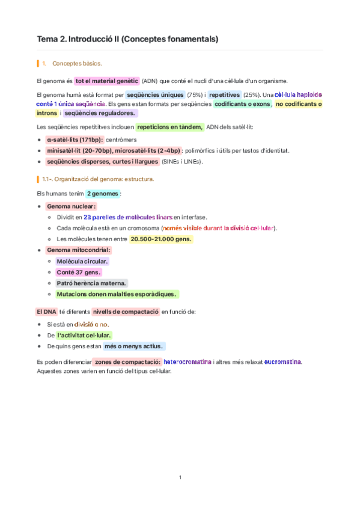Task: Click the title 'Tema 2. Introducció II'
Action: point(127,39)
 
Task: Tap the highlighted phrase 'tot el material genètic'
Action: point(106,81)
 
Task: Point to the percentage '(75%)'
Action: point(194,95)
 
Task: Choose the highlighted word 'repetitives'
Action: point(225,95)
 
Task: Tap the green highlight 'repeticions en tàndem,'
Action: point(169,127)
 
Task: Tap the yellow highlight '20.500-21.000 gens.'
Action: point(160,239)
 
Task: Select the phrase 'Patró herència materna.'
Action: point(91,283)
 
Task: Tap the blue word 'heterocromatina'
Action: point(187,362)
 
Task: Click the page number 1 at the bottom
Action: point(180,478)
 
